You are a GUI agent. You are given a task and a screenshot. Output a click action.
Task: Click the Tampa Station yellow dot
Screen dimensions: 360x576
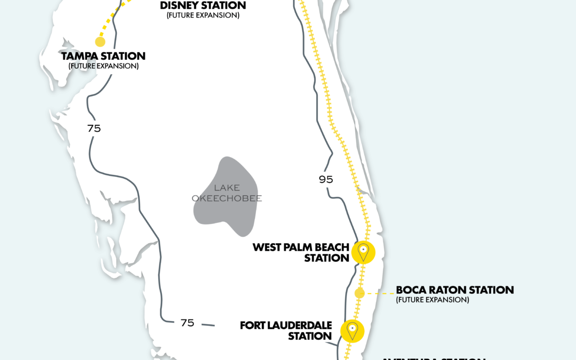point(100,42)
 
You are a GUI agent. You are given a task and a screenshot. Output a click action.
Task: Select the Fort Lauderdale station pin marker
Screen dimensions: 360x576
point(352,331)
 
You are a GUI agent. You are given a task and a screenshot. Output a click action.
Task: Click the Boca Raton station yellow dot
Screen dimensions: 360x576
point(359,293)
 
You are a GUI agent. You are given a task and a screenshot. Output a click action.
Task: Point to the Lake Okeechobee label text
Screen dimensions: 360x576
point(227,193)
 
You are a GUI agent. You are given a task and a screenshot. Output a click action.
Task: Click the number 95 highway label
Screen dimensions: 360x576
point(326,180)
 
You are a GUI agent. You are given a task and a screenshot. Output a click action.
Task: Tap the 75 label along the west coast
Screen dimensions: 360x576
point(94,129)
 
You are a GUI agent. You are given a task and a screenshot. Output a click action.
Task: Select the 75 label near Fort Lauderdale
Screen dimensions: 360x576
point(187,323)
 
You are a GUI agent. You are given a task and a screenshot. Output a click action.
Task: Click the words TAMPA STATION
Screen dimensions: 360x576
point(103,56)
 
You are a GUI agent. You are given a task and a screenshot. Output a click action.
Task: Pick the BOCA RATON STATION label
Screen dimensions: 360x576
point(454,290)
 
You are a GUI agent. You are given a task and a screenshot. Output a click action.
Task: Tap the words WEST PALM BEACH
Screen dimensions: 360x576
point(301,247)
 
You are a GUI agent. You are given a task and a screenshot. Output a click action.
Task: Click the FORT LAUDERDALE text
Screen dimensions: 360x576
point(286,325)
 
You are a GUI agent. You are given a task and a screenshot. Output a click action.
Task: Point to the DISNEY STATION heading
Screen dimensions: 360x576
point(203,6)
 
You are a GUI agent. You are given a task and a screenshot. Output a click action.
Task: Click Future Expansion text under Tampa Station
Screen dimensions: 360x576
point(103,66)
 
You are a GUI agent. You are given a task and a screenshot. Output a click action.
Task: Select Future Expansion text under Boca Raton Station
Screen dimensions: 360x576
point(432,300)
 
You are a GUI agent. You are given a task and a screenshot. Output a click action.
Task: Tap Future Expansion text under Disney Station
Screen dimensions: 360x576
point(203,15)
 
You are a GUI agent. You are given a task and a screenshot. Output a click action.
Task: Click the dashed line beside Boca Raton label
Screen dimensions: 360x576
point(380,293)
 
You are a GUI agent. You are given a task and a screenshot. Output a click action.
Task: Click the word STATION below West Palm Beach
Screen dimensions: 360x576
point(326,258)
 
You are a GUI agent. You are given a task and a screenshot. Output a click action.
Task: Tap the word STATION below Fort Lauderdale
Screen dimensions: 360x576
point(310,336)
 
